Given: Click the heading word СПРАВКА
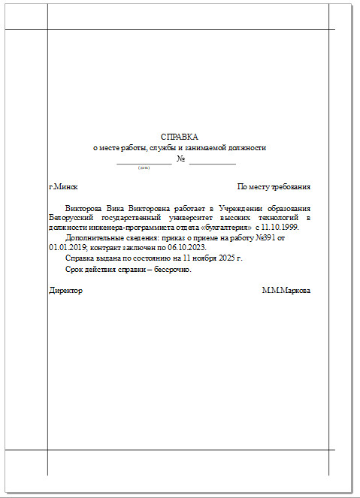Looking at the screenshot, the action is [180, 137].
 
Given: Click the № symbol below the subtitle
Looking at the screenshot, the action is [180, 158].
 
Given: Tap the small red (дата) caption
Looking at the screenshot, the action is [144, 168].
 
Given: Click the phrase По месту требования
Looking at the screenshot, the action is [274, 186].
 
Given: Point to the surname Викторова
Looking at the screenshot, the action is [84, 207].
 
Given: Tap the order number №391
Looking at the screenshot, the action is [286, 237].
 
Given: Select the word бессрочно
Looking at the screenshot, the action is [171, 269].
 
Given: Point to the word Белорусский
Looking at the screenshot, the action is [70, 216].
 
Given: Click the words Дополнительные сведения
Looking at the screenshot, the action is [108, 237].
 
